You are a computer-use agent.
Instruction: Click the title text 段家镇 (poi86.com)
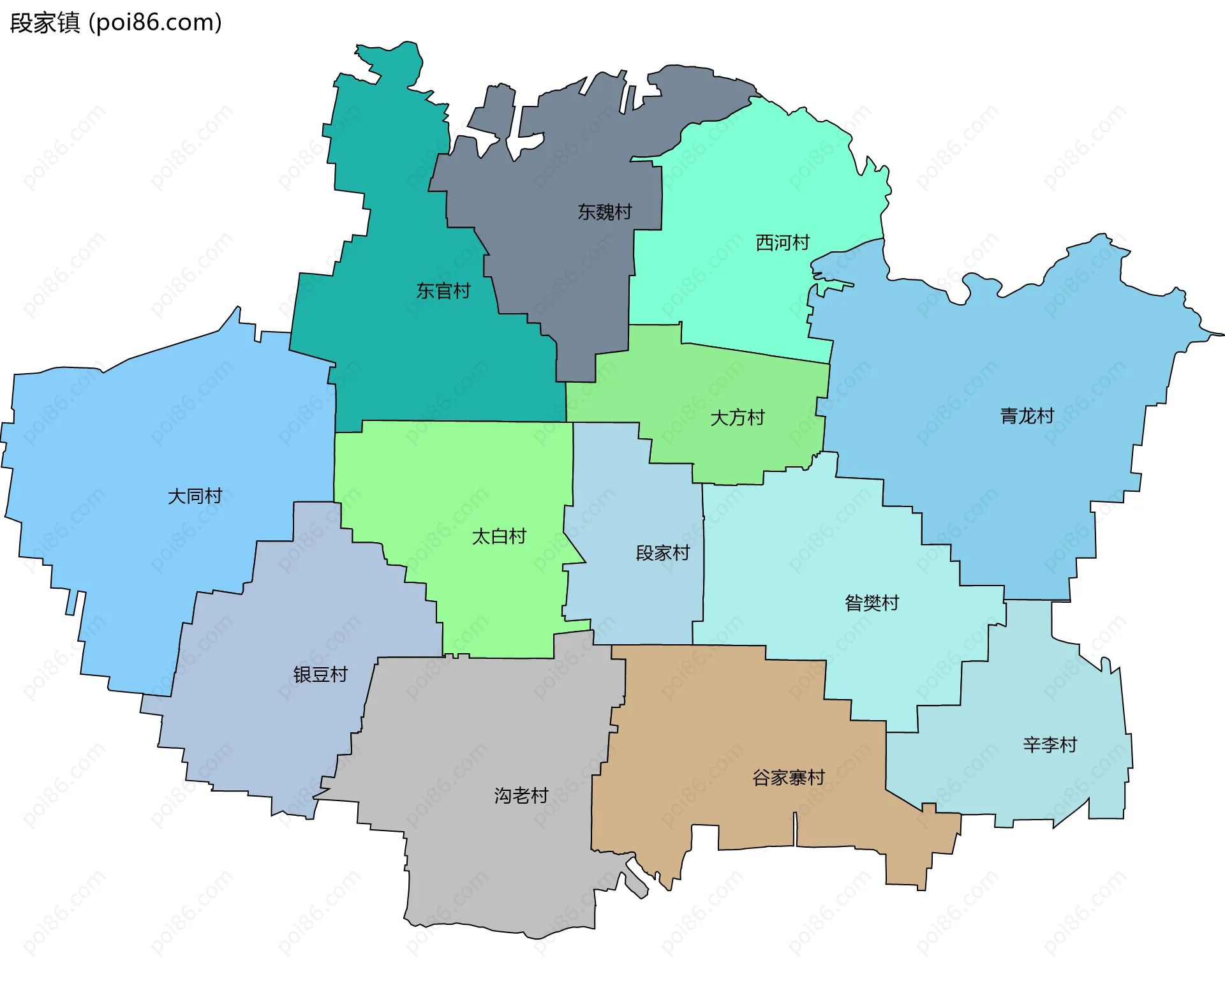click(x=115, y=23)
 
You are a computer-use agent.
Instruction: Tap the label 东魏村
click(x=604, y=212)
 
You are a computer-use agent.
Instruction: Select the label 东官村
click(x=443, y=291)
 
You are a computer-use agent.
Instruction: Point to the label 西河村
click(x=782, y=242)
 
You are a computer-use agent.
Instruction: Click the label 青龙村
click(x=1027, y=416)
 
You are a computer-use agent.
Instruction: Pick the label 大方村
click(x=738, y=418)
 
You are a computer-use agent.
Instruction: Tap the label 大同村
click(x=195, y=496)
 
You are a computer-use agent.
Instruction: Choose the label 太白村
click(x=499, y=536)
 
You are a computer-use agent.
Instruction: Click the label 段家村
click(x=663, y=552)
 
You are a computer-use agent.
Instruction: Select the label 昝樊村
click(x=872, y=603)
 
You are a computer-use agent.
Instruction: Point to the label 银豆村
click(x=320, y=674)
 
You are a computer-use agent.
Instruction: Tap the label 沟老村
click(x=521, y=795)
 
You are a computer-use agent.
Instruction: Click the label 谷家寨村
click(x=789, y=778)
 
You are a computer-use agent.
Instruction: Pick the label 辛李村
click(x=1050, y=744)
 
